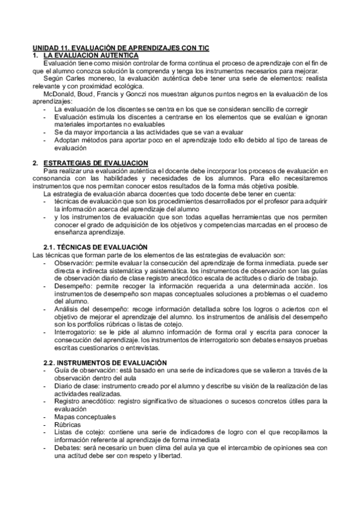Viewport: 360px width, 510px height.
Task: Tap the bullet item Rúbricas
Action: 67,424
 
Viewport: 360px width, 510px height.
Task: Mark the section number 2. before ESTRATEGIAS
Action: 35,163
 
